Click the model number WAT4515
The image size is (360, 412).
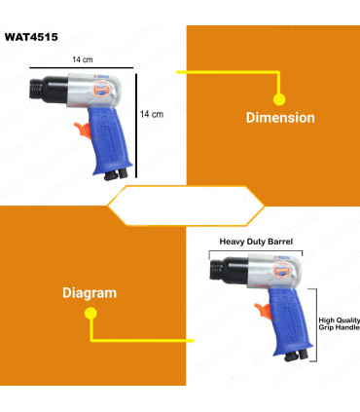click(x=31, y=37)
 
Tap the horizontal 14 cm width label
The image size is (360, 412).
click(x=83, y=59)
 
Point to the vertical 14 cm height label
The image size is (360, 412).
click(x=152, y=114)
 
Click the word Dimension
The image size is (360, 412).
click(x=280, y=118)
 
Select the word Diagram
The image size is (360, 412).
click(x=90, y=293)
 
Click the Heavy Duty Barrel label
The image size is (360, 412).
click(x=256, y=242)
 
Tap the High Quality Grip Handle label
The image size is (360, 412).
click(x=340, y=323)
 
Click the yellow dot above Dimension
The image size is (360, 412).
click(x=279, y=99)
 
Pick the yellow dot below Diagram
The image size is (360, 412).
click(x=90, y=314)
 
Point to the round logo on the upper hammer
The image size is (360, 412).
click(x=100, y=90)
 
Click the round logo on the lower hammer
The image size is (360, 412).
click(x=281, y=270)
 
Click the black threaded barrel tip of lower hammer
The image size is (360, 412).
click(x=216, y=271)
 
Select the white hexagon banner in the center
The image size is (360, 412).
click(x=186, y=206)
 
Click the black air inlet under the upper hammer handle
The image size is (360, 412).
click(x=116, y=174)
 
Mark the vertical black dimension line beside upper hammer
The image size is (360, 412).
click(x=136, y=126)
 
